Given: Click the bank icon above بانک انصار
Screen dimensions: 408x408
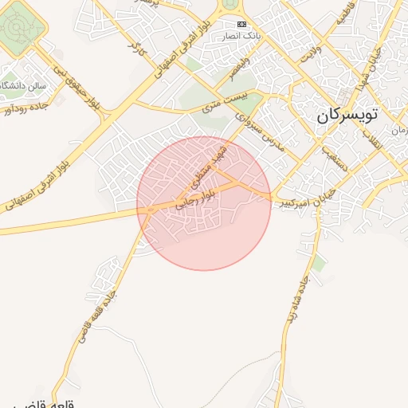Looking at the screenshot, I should (242, 25).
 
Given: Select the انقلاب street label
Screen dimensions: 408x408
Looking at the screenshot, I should (371, 143).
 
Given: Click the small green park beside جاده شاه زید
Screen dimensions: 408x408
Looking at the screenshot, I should (319, 264).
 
